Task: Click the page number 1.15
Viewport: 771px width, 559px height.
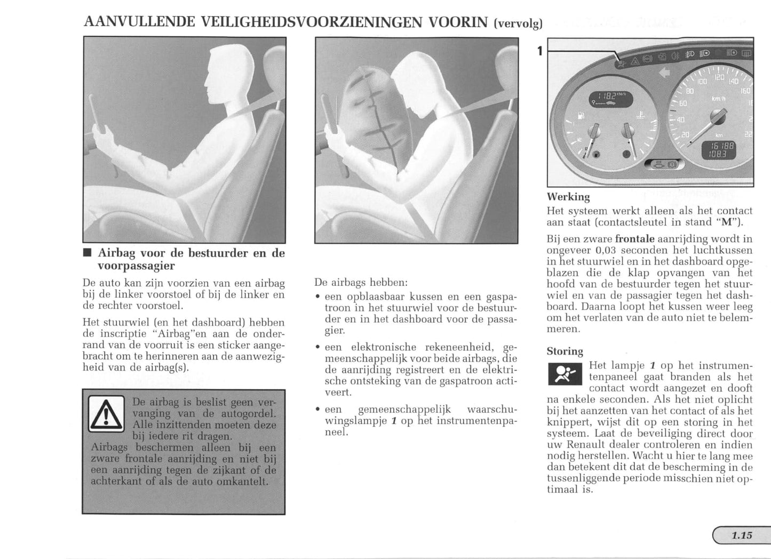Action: (742, 535)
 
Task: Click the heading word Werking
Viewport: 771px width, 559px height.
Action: (568, 197)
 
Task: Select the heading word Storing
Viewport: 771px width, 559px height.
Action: (565, 351)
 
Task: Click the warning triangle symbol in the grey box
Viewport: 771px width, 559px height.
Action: (106, 414)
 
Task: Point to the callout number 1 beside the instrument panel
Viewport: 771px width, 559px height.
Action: (539, 51)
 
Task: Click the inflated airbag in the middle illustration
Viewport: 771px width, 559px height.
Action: (371, 115)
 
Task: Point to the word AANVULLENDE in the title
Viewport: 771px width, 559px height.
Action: (140, 22)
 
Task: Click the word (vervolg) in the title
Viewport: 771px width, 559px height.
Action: (518, 23)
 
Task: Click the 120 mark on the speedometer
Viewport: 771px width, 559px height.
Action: (719, 78)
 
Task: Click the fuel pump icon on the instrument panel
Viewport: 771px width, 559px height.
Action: (581, 115)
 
